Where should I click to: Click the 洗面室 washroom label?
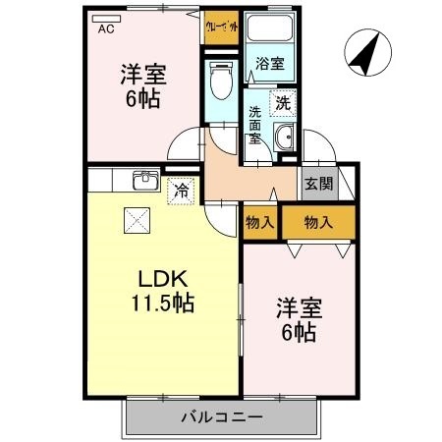[254, 125]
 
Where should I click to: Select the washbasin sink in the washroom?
[285, 138]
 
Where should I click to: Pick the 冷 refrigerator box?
[180, 190]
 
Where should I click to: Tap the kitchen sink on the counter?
[145, 180]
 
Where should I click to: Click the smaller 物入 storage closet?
[259, 222]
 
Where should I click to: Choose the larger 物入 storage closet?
[318, 222]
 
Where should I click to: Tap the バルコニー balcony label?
[222, 418]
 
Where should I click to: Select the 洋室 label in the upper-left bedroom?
[143, 73]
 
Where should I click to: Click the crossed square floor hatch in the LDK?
[134, 219]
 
